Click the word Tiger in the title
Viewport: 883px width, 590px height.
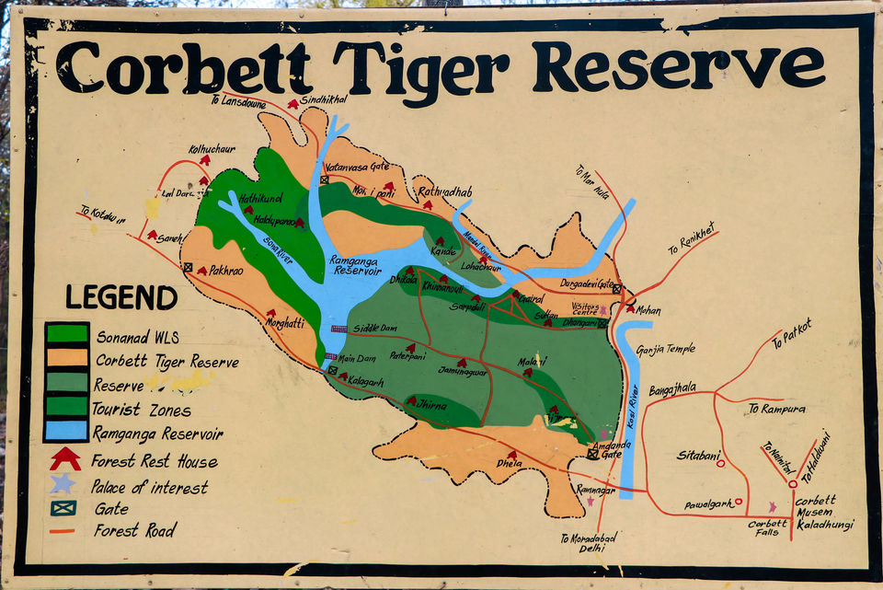(x=423, y=66)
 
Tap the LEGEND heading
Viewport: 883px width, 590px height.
(x=121, y=297)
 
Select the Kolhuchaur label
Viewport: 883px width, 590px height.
(x=212, y=148)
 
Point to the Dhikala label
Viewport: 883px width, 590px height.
(x=403, y=279)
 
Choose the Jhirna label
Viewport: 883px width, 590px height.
(x=430, y=405)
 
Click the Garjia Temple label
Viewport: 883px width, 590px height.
(x=666, y=349)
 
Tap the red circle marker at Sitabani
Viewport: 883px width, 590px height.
(x=720, y=463)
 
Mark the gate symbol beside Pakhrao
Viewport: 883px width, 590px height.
(x=188, y=268)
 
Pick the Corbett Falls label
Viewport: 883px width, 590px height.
(x=767, y=527)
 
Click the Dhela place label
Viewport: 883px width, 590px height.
(x=509, y=463)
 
